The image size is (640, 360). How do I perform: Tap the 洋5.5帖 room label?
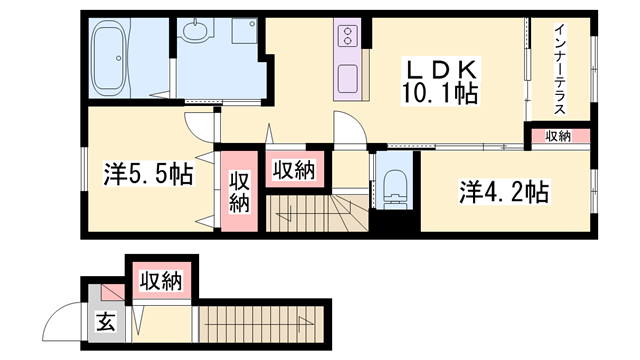click(148, 174)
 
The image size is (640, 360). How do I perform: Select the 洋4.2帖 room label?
click(504, 192)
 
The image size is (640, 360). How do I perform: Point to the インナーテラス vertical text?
click(560, 69)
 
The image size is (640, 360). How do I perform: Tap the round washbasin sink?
click(195, 31)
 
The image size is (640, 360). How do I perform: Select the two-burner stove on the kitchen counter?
click(347, 35)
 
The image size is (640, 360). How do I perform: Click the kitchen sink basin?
click(347, 79)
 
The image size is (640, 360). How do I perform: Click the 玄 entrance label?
click(105, 322)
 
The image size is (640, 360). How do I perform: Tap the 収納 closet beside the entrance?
click(161, 281)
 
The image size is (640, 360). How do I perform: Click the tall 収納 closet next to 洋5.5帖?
click(239, 191)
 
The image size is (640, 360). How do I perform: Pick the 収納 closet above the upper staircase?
click(295, 169)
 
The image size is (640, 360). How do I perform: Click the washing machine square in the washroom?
click(244, 31)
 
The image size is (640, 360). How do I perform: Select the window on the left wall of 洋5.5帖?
click(84, 169)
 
